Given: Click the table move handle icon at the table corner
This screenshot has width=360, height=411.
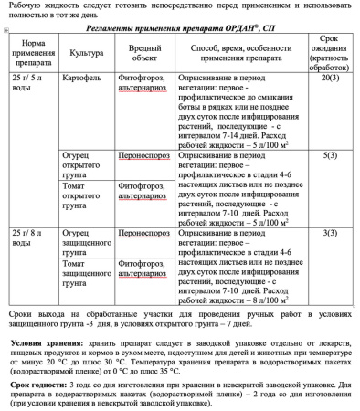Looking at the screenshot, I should pos(6,30).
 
